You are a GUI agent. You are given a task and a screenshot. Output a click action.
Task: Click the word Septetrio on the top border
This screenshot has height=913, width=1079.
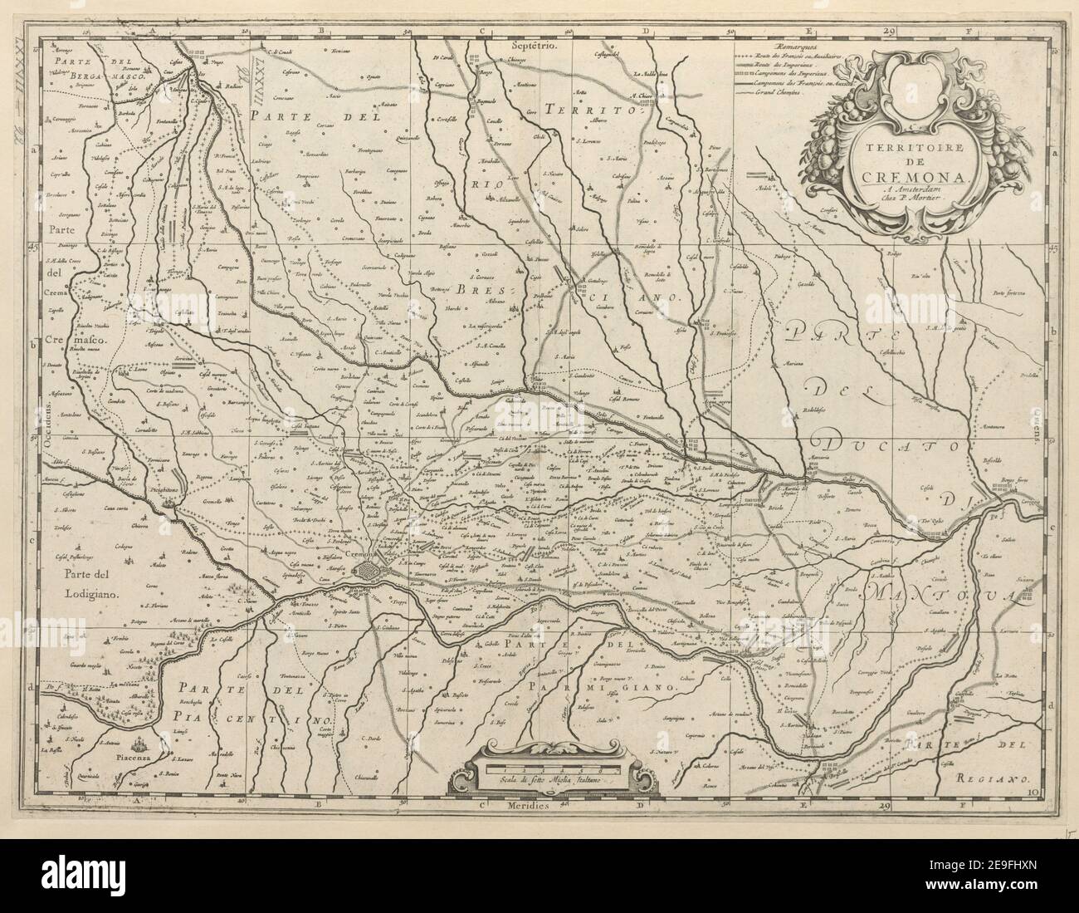(x=536, y=47)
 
